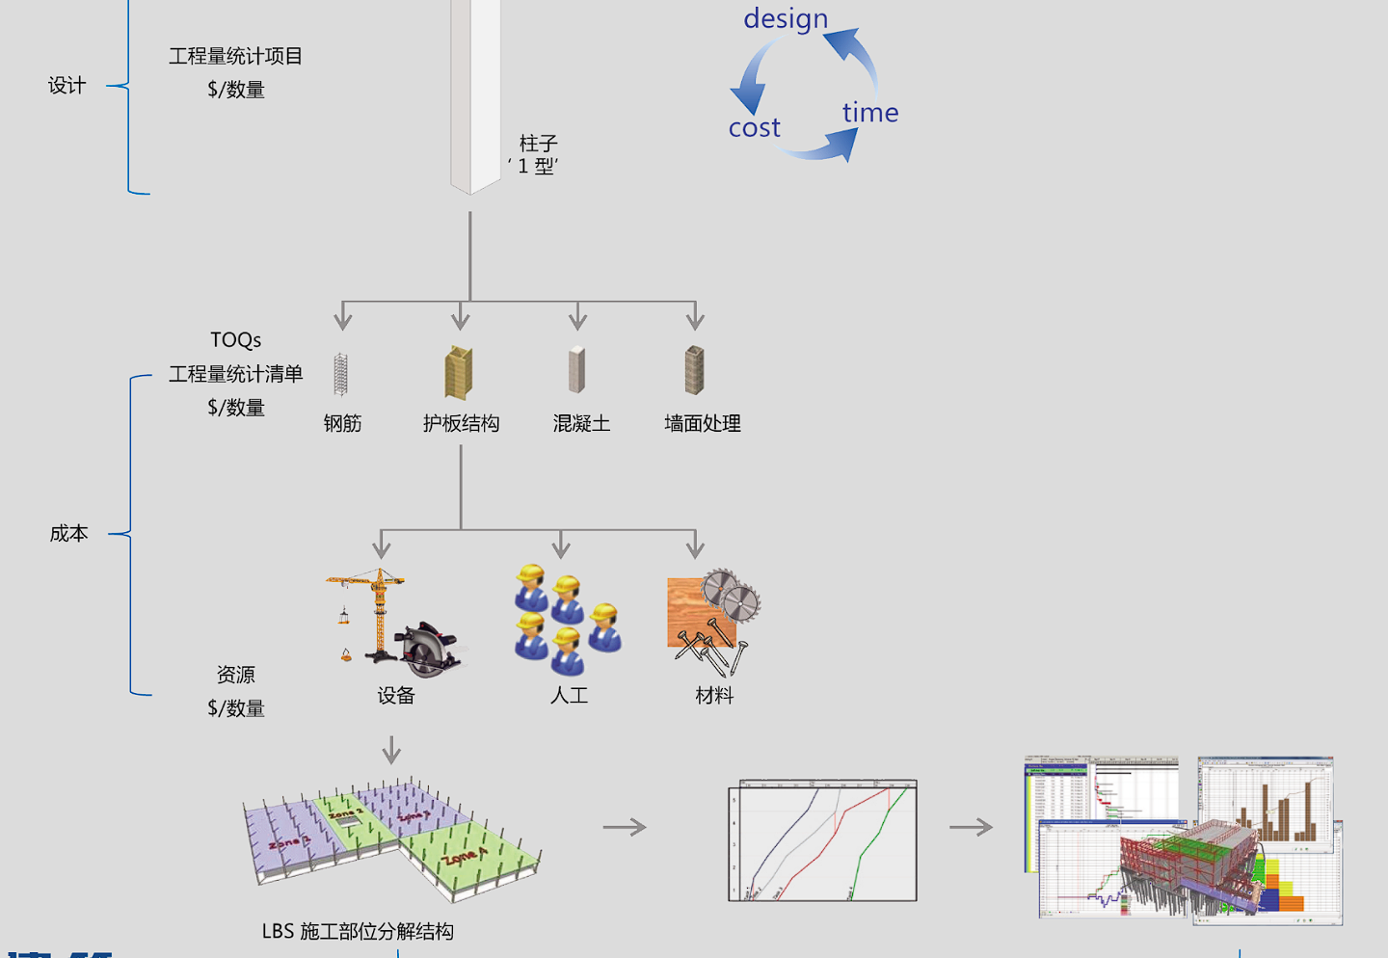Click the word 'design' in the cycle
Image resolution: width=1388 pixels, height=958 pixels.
tap(786, 19)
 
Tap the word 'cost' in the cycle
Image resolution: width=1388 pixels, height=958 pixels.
tap(754, 128)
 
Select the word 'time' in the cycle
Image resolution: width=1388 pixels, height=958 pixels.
tap(869, 113)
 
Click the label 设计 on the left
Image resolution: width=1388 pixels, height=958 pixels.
tap(67, 86)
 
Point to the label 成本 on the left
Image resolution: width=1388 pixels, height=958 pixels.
tap(69, 534)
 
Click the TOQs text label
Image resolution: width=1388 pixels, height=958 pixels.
tap(236, 340)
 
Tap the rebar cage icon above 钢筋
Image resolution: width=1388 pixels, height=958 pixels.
tap(341, 374)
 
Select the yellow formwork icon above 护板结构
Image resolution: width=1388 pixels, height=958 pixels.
tap(459, 373)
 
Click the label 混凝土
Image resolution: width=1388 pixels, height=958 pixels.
tap(581, 423)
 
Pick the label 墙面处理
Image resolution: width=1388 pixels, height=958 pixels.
tap(703, 423)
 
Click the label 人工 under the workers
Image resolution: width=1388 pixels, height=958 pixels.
tap(569, 696)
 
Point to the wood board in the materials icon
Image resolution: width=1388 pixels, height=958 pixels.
tap(689, 607)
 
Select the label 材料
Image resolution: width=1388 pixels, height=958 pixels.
tap(714, 696)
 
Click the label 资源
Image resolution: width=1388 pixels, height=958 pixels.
tap(236, 675)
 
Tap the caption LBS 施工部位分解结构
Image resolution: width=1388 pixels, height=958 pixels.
tap(358, 931)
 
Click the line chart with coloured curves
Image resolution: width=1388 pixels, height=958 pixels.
tap(822, 840)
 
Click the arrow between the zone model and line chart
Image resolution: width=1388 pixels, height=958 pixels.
tap(625, 827)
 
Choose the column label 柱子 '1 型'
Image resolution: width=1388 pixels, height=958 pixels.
tap(536, 154)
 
